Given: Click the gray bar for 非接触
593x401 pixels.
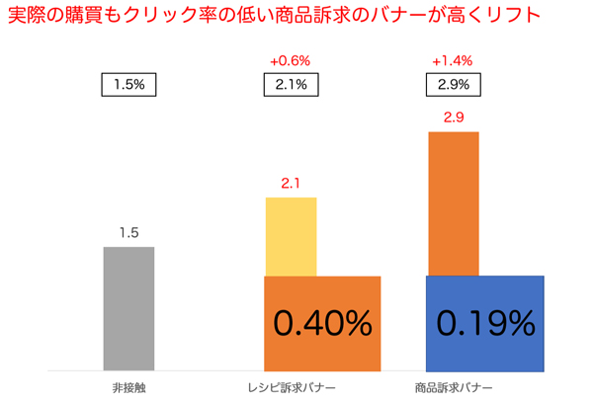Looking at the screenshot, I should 128,308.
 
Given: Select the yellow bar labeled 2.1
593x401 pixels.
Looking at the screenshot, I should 291,237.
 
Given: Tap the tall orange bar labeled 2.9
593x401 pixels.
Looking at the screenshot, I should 453,203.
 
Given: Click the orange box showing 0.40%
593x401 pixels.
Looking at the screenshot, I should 322,322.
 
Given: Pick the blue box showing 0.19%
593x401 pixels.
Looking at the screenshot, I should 485,322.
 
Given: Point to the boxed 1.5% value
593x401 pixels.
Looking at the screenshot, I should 128,85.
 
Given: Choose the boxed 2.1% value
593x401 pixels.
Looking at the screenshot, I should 291,85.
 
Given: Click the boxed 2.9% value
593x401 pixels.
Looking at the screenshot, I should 453,85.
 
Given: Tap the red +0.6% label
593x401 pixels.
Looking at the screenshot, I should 291,61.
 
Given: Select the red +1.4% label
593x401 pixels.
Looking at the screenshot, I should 453,61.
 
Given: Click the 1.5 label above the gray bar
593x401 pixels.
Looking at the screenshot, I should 128,233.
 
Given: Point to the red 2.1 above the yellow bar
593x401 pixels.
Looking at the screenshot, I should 291,184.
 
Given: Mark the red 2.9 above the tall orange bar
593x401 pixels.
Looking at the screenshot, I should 453,118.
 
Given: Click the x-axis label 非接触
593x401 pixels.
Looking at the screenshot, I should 128,386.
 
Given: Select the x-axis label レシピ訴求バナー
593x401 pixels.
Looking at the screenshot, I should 291,386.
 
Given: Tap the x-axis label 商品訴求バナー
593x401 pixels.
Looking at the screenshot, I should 453,386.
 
